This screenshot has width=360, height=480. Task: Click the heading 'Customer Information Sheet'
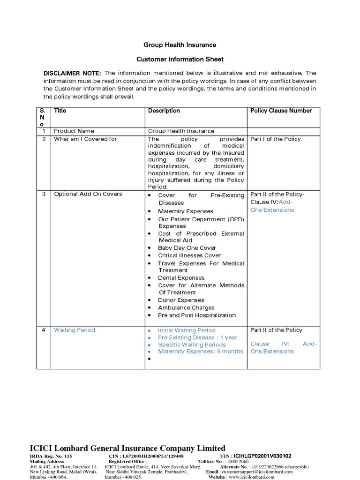click(x=180, y=60)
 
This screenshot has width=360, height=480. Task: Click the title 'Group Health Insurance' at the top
click(x=180, y=45)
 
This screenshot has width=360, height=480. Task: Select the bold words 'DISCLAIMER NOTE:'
click(x=72, y=74)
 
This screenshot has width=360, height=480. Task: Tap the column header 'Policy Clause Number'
click(x=281, y=111)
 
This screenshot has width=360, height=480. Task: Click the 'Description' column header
click(x=164, y=111)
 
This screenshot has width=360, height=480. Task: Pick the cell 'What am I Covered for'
click(x=85, y=139)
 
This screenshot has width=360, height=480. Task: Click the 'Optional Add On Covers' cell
click(x=88, y=194)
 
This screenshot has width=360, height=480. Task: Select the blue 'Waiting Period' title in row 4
click(x=74, y=330)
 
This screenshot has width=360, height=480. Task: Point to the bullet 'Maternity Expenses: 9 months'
click(x=200, y=352)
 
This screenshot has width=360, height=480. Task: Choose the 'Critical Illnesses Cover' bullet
click(x=189, y=255)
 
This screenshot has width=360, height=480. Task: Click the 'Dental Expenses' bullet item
click(x=181, y=278)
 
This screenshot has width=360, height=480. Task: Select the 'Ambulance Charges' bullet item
click(x=186, y=308)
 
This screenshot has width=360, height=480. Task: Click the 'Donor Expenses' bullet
click(x=181, y=300)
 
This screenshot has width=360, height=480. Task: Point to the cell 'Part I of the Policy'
click(x=276, y=139)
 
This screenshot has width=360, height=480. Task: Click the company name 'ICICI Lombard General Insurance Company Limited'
click(x=127, y=448)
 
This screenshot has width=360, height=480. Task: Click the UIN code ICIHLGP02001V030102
click(x=262, y=456)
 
